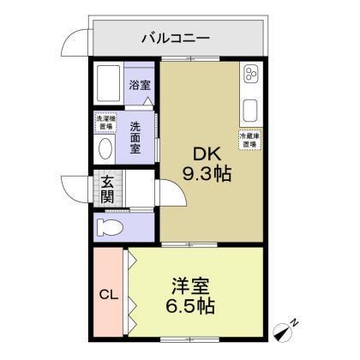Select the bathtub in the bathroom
pos(108,85)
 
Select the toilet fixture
pos(109,227)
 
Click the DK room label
pos(207,155)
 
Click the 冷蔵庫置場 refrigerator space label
pos(249,139)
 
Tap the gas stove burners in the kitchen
pos(250,78)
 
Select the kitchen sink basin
pos(250,111)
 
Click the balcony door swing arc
pos(79,43)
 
